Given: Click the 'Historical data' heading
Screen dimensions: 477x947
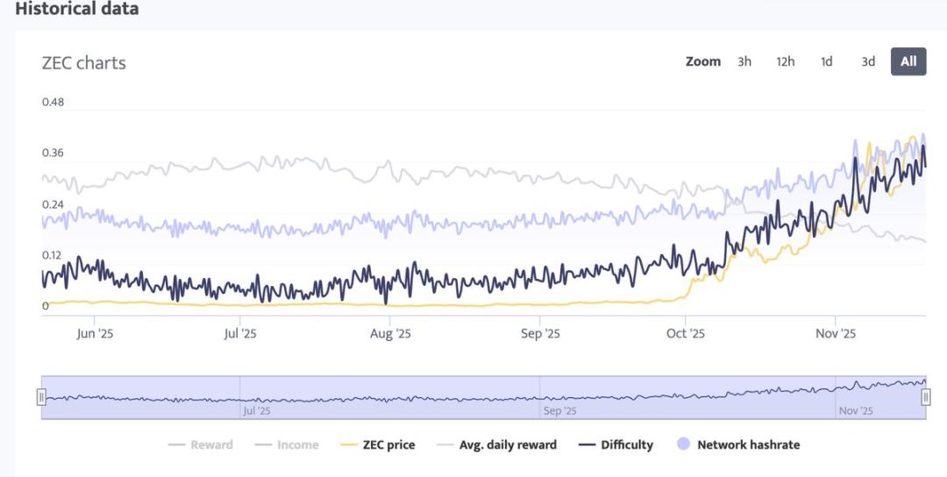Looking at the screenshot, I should pyautogui.click(x=77, y=10).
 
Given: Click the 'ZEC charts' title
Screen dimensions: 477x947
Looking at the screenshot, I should pyautogui.click(x=83, y=63).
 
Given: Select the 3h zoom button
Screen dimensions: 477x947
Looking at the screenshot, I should pyautogui.click(x=744, y=61).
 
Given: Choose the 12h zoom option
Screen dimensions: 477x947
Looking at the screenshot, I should pyautogui.click(x=785, y=61).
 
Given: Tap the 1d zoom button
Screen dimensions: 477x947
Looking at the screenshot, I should pyautogui.click(x=826, y=61).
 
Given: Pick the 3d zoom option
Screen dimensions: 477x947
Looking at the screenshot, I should pyautogui.click(x=867, y=61).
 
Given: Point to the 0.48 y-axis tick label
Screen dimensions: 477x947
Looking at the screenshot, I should pyautogui.click(x=53, y=102).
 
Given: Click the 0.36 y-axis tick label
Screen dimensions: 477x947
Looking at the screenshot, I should pyautogui.click(x=53, y=153).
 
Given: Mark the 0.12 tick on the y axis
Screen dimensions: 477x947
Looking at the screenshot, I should pyautogui.click(x=53, y=256).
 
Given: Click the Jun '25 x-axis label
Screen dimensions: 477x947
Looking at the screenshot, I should pyautogui.click(x=96, y=334).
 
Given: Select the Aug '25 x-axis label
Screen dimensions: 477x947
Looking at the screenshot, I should pyautogui.click(x=390, y=334).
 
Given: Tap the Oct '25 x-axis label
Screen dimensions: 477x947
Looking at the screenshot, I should pyautogui.click(x=686, y=334).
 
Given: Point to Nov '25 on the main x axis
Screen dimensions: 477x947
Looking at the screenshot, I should pyautogui.click(x=836, y=334).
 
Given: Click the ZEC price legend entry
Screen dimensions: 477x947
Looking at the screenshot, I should pyautogui.click(x=388, y=445).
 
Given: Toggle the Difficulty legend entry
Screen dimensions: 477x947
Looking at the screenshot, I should pyautogui.click(x=626, y=445).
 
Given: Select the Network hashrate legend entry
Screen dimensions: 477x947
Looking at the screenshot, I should pyautogui.click(x=747, y=445).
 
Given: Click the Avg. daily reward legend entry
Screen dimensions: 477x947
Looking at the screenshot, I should pyautogui.click(x=508, y=445).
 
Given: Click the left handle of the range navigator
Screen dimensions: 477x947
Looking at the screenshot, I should pyautogui.click(x=40, y=397).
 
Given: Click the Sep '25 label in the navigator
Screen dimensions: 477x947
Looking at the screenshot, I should pyautogui.click(x=559, y=411).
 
